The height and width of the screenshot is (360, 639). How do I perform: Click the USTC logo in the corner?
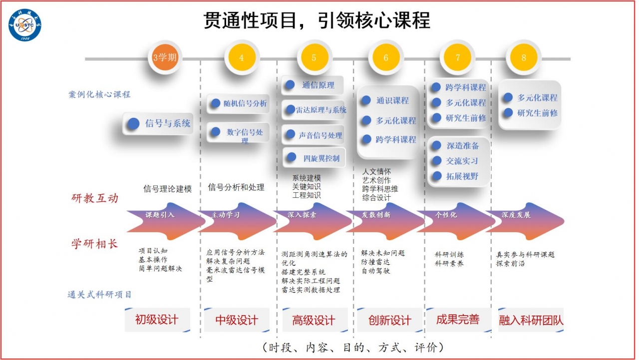(x=25, y=24)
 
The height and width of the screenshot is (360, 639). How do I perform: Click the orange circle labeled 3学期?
(x=165, y=57)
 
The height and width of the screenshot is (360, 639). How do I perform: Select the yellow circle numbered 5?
(x=314, y=57)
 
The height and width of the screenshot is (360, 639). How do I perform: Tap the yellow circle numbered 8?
(x=523, y=57)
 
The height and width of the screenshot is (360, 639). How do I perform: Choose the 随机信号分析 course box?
(x=238, y=104)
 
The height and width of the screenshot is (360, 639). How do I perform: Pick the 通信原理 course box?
(x=313, y=85)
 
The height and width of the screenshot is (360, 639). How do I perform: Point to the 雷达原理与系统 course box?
(x=315, y=110)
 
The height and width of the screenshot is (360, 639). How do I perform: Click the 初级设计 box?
(x=157, y=320)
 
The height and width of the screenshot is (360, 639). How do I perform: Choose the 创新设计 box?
(x=389, y=320)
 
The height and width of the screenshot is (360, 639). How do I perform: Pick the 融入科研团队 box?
(x=531, y=320)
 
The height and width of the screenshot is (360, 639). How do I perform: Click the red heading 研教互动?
(x=94, y=198)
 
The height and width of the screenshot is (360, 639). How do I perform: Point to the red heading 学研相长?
(x=94, y=244)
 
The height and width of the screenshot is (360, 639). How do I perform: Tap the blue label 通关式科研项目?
(x=99, y=295)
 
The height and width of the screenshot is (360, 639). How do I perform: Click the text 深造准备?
(x=462, y=146)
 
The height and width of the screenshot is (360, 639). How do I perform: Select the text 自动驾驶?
(x=375, y=271)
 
